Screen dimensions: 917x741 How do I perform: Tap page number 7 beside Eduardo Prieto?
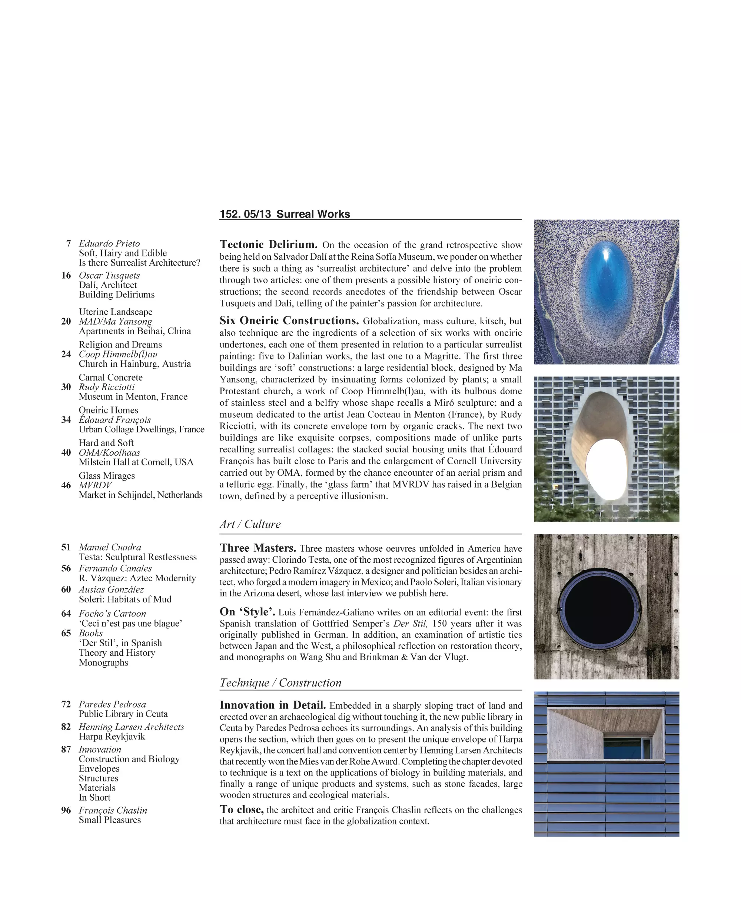[x=68, y=243]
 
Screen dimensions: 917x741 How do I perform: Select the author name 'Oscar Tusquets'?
[x=109, y=275]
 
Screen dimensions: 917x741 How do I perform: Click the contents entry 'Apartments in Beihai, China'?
[x=134, y=331]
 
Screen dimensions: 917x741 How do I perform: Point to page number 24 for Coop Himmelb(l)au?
[x=66, y=354]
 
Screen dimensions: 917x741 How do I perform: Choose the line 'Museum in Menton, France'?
[x=133, y=396]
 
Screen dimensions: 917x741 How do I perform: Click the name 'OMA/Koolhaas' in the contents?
[x=109, y=452]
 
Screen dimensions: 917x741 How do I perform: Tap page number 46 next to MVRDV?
[x=66, y=485]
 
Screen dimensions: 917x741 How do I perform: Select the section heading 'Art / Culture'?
[x=250, y=524]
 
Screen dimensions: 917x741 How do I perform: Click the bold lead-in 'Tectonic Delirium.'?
[x=269, y=245]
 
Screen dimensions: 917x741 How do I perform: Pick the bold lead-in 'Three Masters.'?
[x=258, y=548]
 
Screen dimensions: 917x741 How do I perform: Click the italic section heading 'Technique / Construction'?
[x=280, y=682]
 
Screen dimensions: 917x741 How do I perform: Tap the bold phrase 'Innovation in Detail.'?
[x=273, y=705]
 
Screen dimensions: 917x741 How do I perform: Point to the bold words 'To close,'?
[x=242, y=810]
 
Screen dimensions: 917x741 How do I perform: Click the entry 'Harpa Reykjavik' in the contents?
[x=112, y=737]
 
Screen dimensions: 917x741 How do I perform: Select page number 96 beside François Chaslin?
[x=66, y=810]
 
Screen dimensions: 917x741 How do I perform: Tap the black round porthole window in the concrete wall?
[x=601, y=606]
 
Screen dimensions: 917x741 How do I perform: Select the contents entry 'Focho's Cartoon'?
[x=112, y=614]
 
